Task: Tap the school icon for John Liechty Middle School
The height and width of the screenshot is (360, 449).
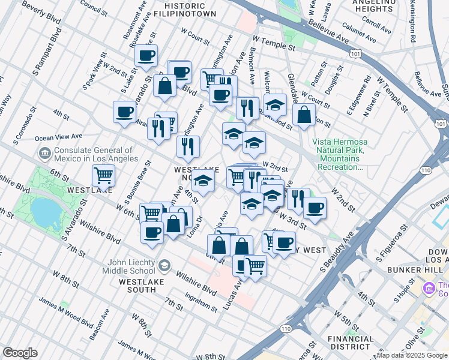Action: pos(163,265)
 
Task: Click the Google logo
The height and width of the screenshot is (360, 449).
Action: pos(20,353)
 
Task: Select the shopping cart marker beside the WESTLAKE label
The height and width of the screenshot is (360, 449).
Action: pos(104,176)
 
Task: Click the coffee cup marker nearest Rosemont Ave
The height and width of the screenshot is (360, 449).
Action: pos(146,56)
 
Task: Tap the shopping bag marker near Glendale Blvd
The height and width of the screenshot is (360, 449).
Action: pos(304,115)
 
